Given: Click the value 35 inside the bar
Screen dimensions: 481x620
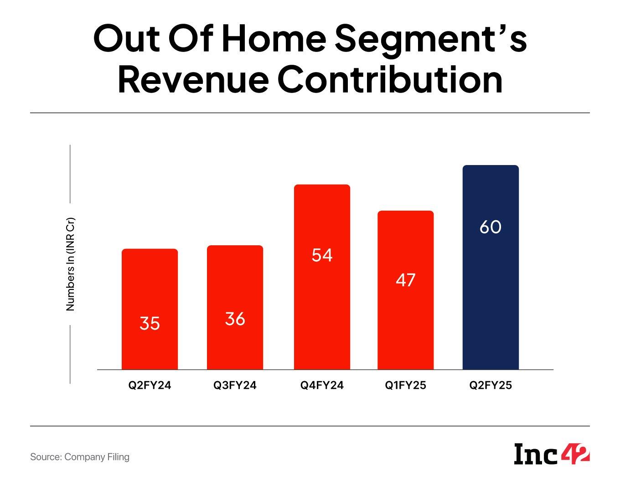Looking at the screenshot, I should [x=150, y=323].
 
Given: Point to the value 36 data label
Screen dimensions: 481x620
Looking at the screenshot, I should [x=235, y=319].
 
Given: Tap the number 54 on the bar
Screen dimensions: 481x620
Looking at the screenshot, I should [x=322, y=255].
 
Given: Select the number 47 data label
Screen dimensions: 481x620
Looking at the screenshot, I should [x=405, y=279].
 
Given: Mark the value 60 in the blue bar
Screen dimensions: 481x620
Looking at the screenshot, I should [x=491, y=227].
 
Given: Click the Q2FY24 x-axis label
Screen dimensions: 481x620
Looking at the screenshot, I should [x=150, y=385].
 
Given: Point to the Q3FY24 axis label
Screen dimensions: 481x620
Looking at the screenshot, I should [x=235, y=385].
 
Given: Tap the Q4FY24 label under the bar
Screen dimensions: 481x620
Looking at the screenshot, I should [x=322, y=385].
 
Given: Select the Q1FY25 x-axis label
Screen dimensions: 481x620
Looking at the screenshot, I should [x=405, y=385].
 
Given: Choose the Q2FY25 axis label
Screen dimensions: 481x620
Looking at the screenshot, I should [x=491, y=385].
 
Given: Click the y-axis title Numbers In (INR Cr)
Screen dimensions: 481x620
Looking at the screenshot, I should [x=70, y=264].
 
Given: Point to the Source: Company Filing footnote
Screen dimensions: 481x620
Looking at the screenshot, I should [x=80, y=457].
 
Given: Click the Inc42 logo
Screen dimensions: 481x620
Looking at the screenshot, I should [x=552, y=454].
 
